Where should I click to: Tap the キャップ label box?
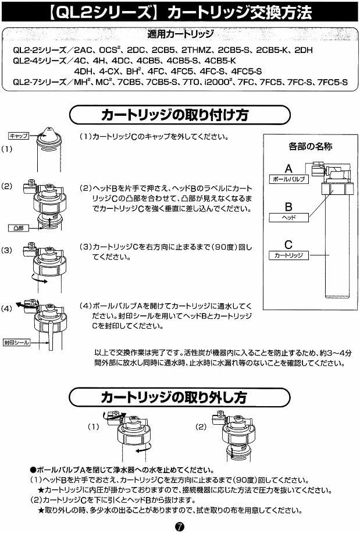point(19,136)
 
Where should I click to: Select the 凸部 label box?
point(19,228)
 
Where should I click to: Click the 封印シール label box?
point(17,342)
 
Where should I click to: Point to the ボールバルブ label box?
point(288,179)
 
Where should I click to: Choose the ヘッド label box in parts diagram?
point(288,218)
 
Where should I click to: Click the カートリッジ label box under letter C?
point(288,255)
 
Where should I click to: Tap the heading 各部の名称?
point(310,147)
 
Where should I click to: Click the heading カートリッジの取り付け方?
point(174,115)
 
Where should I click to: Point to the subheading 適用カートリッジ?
point(180,34)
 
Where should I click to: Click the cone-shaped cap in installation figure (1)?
point(49,134)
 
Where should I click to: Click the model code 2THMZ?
point(196,50)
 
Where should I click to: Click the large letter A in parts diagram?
point(288,169)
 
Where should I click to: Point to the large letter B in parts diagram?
point(288,207)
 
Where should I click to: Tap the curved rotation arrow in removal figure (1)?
point(142,450)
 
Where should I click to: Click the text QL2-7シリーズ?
point(40,82)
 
